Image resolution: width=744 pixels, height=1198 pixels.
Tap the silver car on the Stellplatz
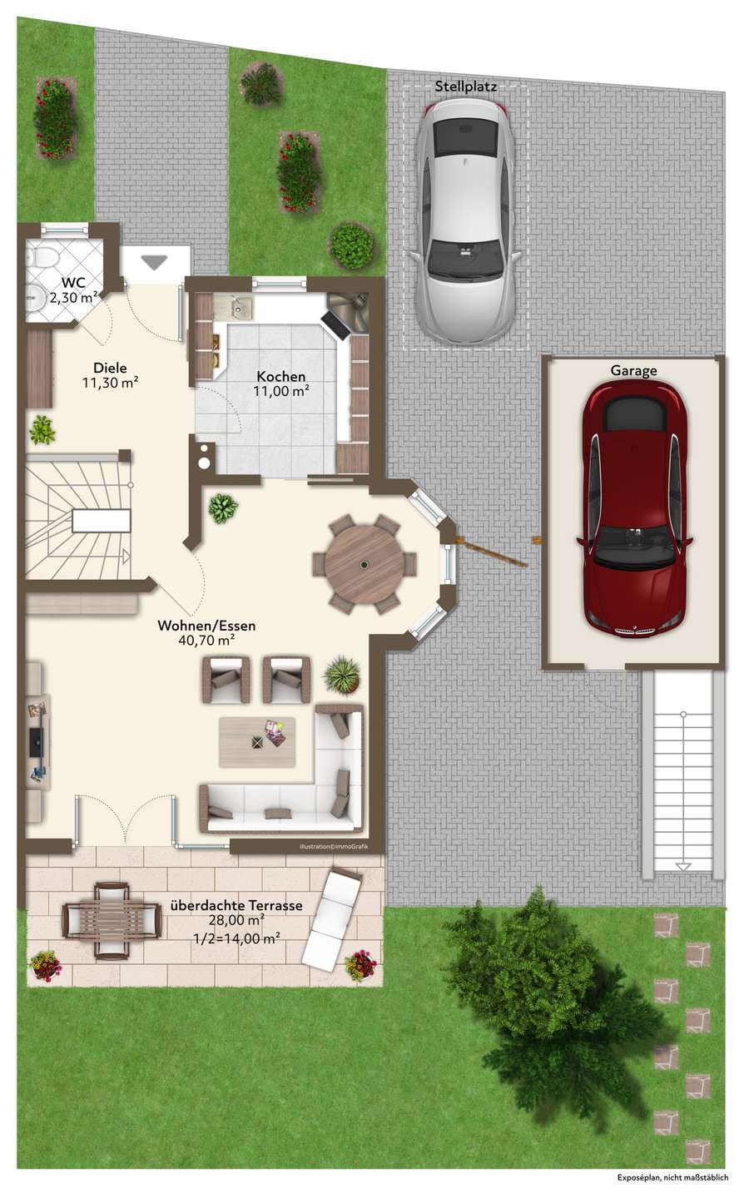coord(465,221)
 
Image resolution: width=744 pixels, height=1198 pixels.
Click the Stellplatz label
coord(465,87)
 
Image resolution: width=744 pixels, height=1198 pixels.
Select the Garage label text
coord(634,371)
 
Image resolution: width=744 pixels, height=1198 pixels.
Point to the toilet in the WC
coord(43,257)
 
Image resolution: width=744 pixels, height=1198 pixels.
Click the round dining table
coord(365,564)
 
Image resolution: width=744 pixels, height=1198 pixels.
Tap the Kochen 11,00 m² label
coord(281,384)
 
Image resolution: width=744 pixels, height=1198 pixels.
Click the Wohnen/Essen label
coord(206,626)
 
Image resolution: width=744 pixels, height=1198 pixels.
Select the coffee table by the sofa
coord(257,742)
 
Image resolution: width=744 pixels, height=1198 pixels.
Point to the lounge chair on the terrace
coord(331,916)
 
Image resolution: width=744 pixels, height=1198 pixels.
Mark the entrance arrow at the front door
coord(155,262)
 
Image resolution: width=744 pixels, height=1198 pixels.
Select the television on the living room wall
coord(36,742)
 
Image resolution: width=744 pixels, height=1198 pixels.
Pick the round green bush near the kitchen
coord(351,245)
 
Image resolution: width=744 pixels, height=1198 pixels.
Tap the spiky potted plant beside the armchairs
coord(341,675)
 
